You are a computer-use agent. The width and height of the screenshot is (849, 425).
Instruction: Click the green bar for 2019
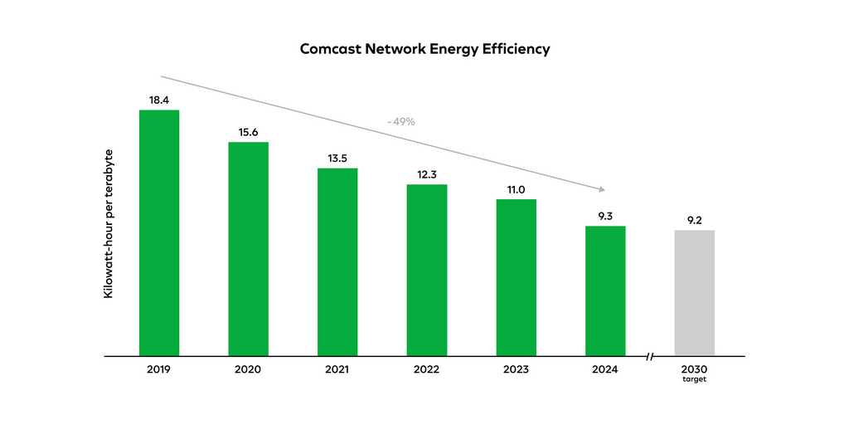click(x=159, y=232)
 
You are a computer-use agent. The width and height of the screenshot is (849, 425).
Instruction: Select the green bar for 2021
click(x=337, y=261)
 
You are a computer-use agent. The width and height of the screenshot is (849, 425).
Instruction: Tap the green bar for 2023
click(x=517, y=277)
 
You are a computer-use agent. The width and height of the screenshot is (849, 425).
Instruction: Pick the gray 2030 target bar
click(x=694, y=293)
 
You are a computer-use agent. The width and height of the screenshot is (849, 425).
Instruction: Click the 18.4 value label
click(x=159, y=100)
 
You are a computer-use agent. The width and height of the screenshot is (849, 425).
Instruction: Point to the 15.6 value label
click(x=248, y=132)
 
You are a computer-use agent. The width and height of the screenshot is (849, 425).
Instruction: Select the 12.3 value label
click(x=426, y=174)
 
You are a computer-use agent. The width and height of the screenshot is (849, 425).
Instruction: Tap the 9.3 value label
click(x=605, y=216)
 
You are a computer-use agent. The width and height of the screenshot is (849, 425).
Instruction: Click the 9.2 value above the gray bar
click(x=694, y=220)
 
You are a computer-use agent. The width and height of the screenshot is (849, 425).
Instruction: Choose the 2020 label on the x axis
click(x=248, y=369)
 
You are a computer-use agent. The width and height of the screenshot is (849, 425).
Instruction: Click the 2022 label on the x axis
click(x=426, y=369)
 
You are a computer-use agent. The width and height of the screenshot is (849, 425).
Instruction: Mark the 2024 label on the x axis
click(x=605, y=369)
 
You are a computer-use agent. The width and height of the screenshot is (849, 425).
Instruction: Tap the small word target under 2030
click(x=694, y=379)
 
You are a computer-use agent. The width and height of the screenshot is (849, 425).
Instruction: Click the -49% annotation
click(x=400, y=122)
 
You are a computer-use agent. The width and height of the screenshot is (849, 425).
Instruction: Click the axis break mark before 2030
click(x=650, y=357)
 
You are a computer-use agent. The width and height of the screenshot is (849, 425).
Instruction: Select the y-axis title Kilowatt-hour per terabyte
click(x=109, y=224)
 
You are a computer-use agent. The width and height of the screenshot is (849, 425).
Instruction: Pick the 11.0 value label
click(x=517, y=190)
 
